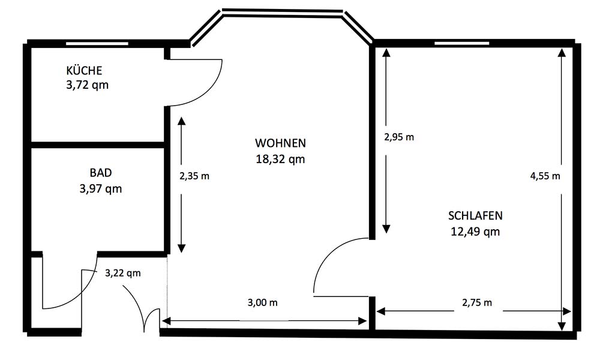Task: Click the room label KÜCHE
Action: tap(84, 71)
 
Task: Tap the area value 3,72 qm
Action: tap(87, 85)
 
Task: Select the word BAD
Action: tap(101, 173)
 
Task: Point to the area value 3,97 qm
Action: tap(101, 188)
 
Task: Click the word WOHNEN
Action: tap(280, 143)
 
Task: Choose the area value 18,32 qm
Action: tap(280, 159)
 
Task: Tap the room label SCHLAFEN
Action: tap(475, 216)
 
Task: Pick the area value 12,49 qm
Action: tap(475, 232)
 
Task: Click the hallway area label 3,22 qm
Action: tap(123, 273)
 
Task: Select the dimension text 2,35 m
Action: tap(194, 176)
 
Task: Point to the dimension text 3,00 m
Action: tap(263, 302)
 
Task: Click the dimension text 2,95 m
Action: tap(399, 137)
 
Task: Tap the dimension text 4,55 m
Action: tap(545, 176)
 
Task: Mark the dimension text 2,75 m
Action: tap(477, 302)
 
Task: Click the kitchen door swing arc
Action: tap(211, 92)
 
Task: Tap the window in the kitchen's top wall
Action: tap(97, 44)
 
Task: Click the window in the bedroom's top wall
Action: tap(462, 43)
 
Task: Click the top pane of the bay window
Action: tap(283, 13)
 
